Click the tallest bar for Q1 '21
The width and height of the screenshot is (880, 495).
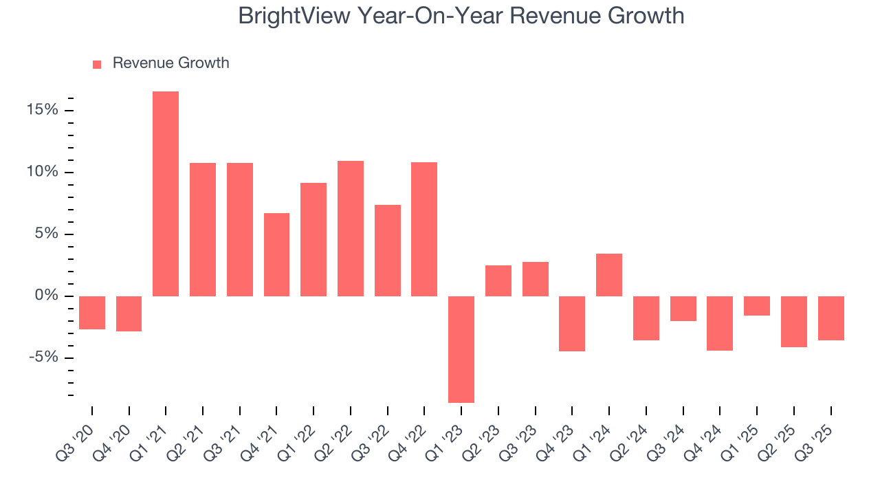click(166, 194)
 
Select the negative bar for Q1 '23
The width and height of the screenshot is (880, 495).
click(461, 349)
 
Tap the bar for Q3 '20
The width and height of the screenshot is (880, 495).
click(92, 313)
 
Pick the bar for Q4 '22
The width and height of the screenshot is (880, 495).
click(424, 229)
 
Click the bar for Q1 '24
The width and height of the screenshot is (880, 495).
click(609, 275)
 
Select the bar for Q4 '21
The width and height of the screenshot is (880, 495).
click(276, 254)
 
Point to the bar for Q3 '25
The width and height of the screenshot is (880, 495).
click(830, 318)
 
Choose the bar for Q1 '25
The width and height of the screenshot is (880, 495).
click(757, 306)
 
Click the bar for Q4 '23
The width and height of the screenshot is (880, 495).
click(572, 324)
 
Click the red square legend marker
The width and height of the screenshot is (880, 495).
click(97, 64)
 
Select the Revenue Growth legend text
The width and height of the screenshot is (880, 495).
click(170, 63)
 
